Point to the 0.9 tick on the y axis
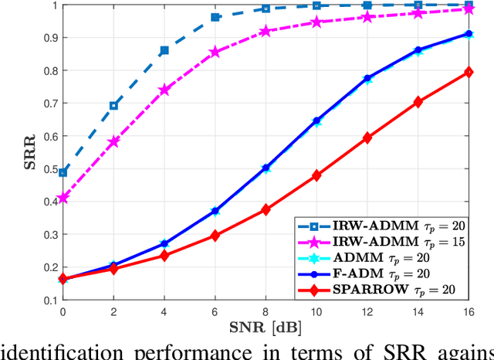tap(49, 37)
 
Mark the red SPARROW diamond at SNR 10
tap(316, 175)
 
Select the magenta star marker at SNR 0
tap(63, 199)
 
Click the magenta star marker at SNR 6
tap(215, 53)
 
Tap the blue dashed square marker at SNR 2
tap(113, 105)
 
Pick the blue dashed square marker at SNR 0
tap(63, 172)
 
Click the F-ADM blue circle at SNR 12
tap(367, 78)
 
